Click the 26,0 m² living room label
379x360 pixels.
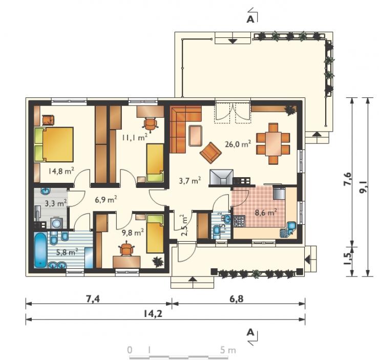tap(238, 144)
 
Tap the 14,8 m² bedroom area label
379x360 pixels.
tap(61, 171)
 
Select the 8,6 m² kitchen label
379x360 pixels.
tap(266, 213)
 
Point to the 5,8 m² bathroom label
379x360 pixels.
tap(67, 252)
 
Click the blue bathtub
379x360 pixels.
tap(40, 250)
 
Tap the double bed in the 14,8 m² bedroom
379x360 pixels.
tap(54, 144)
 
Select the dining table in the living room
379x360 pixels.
tap(273, 144)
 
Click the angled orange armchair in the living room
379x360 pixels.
tap(210, 153)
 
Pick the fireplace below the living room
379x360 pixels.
tap(221, 177)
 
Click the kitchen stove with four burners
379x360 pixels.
tap(240, 221)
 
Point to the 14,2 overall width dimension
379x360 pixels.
tap(153, 314)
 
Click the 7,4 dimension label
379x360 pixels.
tap(93, 299)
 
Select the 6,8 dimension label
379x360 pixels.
tap(237, 299)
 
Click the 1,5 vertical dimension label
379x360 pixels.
tap(348, 259)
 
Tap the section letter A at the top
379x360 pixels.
tap(250, 19)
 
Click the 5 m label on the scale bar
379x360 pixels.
tap(228, 350)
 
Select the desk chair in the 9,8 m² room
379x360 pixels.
tap(127, 249)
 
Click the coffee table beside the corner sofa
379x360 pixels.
tap(195, 136)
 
